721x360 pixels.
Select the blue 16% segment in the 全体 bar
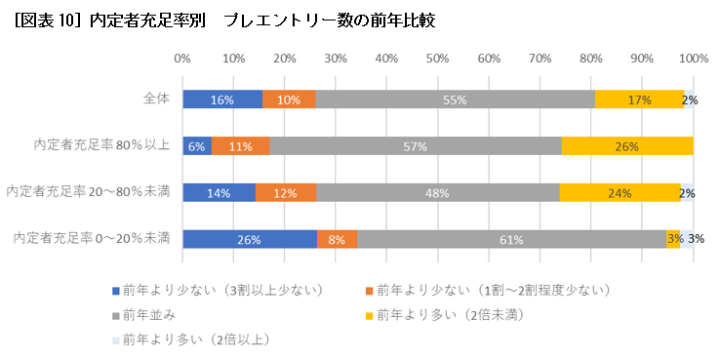tap(222, 100)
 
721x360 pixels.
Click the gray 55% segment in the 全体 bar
tap(455, 100)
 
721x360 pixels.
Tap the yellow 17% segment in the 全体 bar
tap(639, 100)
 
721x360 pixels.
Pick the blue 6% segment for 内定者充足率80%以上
tap(197, 146)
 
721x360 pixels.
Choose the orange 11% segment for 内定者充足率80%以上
tap(240, 146)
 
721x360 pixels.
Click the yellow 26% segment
tap(626, 146)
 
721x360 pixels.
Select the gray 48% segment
tap(437, 192)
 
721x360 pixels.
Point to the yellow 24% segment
tap(620, 192)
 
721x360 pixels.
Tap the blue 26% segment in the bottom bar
tap(250, 239)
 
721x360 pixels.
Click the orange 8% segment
tap(338, 239)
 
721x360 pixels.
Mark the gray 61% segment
tap(512, 239)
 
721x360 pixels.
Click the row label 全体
tap(156, 99)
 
